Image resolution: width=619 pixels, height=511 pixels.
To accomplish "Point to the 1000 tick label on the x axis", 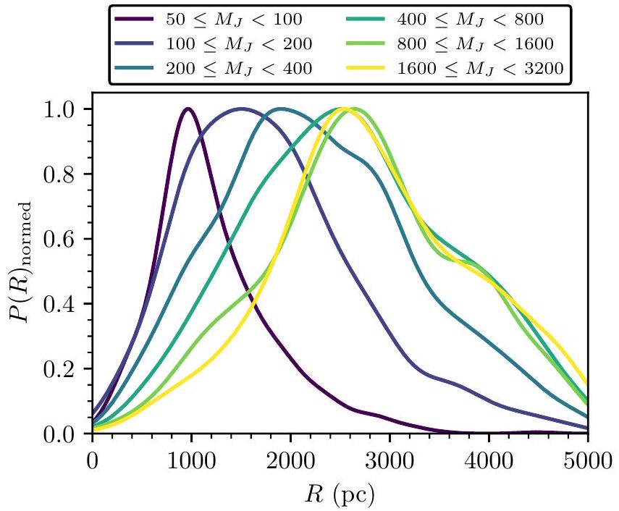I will (x=191, y=461).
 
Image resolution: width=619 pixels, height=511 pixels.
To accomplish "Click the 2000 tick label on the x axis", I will (x=290, y=461).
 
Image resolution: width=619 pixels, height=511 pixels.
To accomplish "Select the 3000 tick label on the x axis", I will (x=389, y=461).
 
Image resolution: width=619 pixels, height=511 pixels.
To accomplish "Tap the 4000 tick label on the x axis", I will (x=489, y=461).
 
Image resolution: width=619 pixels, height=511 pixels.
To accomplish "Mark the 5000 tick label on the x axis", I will (x=587, y=461).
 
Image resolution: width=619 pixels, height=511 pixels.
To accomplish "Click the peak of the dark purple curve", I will (x=188, y=109).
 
